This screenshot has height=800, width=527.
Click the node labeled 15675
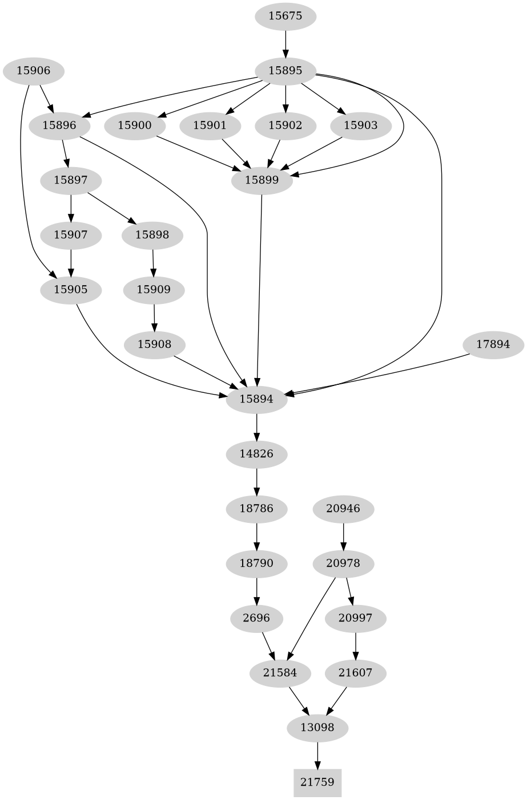pos(285,16)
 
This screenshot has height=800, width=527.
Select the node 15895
pos(285,71)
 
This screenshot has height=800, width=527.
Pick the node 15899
pos(262,180)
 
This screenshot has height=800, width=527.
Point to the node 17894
pos(493,344)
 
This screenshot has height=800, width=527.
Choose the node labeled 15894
pos(256,399)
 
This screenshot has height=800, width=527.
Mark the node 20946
pos(343,508)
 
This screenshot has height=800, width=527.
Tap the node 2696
pos(257,618)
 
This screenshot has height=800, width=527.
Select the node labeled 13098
pos(317,728)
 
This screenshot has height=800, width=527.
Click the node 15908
pos(154,344)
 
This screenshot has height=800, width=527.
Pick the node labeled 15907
pos(71,234)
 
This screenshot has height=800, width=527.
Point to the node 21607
pos(355,673)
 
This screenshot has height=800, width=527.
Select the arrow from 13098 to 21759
pos(317,755)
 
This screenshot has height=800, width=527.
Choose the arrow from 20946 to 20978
pos(343,535)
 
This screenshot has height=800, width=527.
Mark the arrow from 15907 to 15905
pos(71,262)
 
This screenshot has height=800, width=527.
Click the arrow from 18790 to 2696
pos(257,591)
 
